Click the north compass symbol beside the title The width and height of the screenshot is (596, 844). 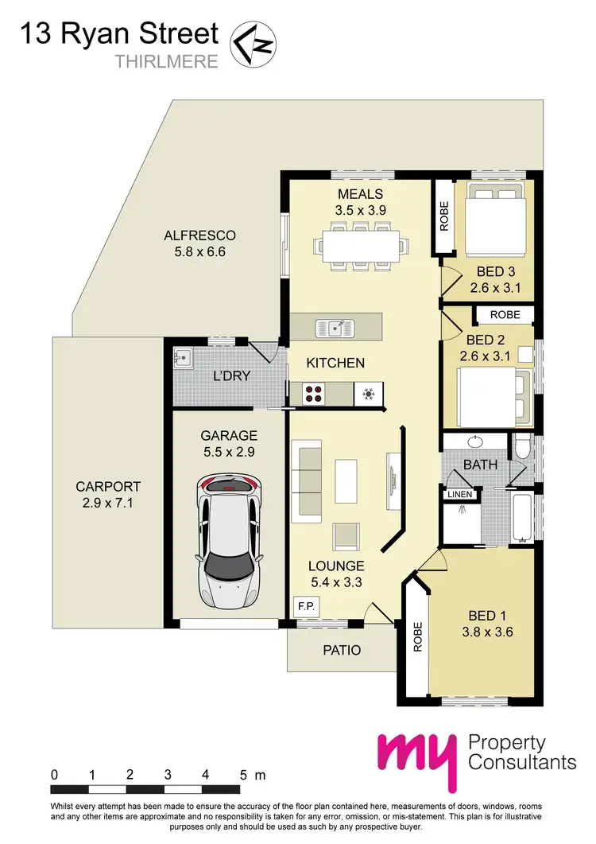pyautogui.click(x=252, y=43)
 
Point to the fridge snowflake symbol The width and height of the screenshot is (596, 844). pyautogui.click(x=368, y=392)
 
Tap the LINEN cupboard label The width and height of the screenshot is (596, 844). pyautogui.click(x=460, y=495)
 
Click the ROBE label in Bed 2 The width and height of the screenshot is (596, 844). pyautogui.click(x=505, y=315)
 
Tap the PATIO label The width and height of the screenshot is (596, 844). pyautogui.click(x=341, y=650)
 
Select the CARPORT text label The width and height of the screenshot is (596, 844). pyautogui.click(x=98, y=486)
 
